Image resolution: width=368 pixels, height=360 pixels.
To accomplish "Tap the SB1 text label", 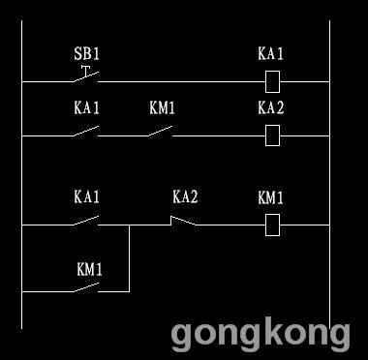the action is (86, 54).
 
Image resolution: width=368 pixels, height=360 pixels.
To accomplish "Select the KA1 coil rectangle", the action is (272, 81).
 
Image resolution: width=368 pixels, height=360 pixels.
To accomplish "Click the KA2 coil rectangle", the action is (272, 135).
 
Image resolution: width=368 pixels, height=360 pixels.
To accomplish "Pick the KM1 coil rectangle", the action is (272, 225).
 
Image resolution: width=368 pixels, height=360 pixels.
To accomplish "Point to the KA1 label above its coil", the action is (270, 53).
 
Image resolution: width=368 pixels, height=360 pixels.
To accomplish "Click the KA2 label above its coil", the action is (271, 107).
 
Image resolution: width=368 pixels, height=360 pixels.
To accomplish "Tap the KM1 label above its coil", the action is (270, 197).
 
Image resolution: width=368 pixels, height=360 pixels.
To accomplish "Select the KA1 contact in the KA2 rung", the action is (86, 132).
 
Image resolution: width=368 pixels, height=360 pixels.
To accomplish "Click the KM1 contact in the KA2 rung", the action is (161, 132).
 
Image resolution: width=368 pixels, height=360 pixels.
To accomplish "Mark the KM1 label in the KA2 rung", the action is (162, 107).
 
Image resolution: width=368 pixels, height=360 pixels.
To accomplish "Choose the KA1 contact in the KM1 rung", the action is (86, 221).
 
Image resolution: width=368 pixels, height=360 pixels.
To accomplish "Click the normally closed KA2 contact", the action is (183, 221).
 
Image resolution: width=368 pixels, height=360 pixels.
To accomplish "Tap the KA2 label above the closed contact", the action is (185, 196).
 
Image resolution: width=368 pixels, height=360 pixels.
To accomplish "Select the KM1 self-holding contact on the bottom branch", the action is (86, 287).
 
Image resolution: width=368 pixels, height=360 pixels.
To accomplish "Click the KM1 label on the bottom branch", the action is (89, 270).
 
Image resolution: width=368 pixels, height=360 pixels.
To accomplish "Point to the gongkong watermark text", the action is (261, 335).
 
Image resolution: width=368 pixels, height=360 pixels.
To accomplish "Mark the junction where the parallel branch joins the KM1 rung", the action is (130, 225).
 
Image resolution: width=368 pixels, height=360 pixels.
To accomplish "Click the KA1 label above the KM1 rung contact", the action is (86, 196).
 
